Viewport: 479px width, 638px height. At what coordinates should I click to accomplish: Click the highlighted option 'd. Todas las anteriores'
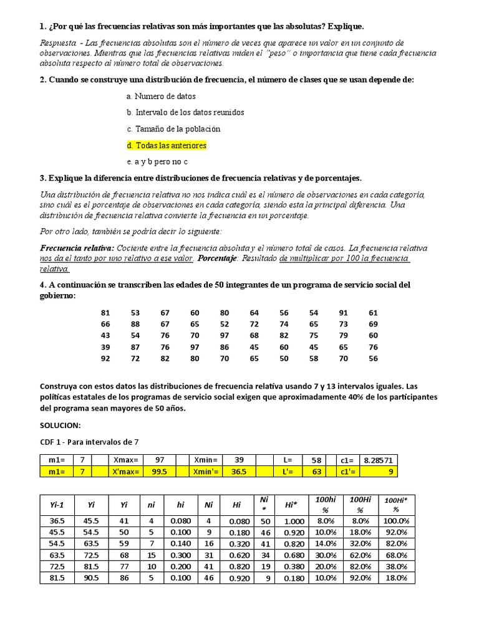[166, 145]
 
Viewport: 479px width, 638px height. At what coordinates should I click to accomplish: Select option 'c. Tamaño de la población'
[173, 129]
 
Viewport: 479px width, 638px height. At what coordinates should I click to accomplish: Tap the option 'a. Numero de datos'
[160, 97]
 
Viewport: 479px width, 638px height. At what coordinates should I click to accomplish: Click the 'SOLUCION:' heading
[60, 425]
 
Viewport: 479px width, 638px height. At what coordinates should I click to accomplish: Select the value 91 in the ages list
[343, 313]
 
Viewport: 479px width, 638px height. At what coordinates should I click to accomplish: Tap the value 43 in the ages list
[105, 336]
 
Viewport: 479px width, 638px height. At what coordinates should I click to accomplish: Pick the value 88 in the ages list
[135, 324]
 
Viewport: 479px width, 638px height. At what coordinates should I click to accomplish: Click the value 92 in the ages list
[105, 359]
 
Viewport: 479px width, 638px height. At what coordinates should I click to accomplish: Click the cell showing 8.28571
[377, 460]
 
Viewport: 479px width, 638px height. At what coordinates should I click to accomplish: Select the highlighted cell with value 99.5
[159, 472]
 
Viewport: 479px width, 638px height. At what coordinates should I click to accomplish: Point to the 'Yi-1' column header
[57, 505]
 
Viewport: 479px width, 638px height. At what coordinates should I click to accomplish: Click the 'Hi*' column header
[291, 505]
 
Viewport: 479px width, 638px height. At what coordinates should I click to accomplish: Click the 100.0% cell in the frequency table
[395, 521]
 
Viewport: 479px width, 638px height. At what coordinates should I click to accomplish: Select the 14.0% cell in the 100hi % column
[325, 543]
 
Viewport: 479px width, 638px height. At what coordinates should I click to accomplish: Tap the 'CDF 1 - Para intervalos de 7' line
[89, 442]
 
